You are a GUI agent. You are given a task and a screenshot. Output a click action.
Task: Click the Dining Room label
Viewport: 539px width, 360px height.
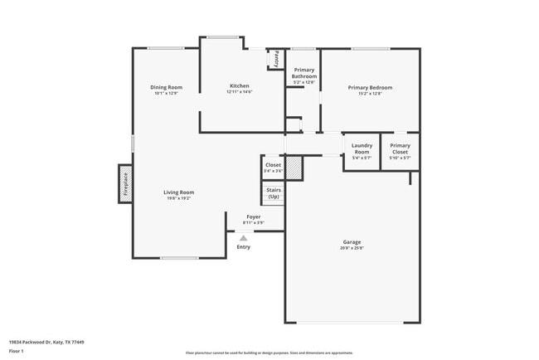point(166,87)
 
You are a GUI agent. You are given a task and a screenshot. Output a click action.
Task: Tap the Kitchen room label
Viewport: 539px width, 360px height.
point(240,85)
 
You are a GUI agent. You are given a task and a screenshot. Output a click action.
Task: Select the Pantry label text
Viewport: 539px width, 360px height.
point(277,59)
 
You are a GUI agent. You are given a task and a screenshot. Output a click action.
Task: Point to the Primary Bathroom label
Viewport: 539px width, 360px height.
point(304,73)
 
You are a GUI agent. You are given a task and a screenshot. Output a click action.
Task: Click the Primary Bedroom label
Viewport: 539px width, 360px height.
point(370,87)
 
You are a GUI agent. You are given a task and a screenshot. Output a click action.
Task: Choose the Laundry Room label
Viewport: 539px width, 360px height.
point(362,148)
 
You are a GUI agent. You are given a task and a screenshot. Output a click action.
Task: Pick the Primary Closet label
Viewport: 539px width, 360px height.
point(401,148)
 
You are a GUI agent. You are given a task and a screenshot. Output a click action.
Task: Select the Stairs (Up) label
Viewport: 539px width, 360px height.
point(274,193)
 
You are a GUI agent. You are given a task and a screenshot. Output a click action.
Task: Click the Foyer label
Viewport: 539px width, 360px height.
point(253,217)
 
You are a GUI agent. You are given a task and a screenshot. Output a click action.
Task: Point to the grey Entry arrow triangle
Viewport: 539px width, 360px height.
point(244,237)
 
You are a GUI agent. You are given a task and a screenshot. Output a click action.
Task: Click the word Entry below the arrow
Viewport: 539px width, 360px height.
point(244,246)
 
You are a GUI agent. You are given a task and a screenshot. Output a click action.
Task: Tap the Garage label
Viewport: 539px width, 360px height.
point(352,242)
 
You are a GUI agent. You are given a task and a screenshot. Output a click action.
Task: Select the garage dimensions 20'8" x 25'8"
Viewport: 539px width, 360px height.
point(352,248)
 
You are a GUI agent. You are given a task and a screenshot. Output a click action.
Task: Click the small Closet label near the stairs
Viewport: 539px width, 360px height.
point(273,165)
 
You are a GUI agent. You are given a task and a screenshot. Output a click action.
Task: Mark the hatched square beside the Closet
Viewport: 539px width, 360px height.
point(293,168)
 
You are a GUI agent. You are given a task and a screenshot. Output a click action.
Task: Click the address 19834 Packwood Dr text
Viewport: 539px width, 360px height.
point(46,342)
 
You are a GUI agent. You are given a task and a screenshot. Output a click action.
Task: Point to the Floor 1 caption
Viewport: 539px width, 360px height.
point(17,351)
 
